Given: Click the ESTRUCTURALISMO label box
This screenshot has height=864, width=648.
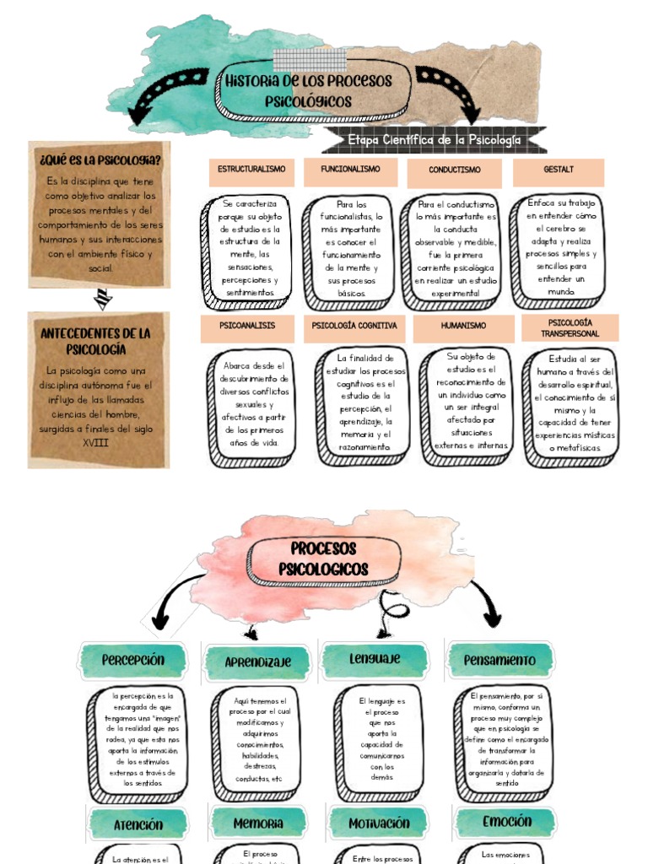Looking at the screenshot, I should click(x=251, y=171).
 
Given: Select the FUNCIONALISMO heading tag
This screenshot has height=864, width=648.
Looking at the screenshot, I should click(x=350, y=171).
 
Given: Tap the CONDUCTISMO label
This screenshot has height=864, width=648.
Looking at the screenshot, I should click(x=454, y=172).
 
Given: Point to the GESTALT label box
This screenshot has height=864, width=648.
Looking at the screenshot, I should click(x=558, y=171).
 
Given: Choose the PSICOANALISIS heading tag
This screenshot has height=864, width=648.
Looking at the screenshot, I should click(x=246, y=327).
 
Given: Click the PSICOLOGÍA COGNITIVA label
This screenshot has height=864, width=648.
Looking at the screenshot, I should click(x=354, y=327).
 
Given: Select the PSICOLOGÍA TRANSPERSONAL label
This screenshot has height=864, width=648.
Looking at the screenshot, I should click(x=570, y=328).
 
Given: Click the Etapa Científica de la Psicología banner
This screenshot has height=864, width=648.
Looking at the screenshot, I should click(x=434, y=140).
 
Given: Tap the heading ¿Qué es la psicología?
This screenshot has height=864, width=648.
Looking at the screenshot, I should click(x=99, y=159).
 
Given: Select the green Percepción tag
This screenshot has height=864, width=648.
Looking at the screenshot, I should click(x=132, y=660).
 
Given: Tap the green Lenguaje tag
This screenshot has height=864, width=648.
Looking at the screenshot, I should click(x=375, y=659).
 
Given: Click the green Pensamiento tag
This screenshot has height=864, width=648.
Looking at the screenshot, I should click(x=500, y=660).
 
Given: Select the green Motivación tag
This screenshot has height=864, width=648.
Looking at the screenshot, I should click(x=379, y=823).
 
